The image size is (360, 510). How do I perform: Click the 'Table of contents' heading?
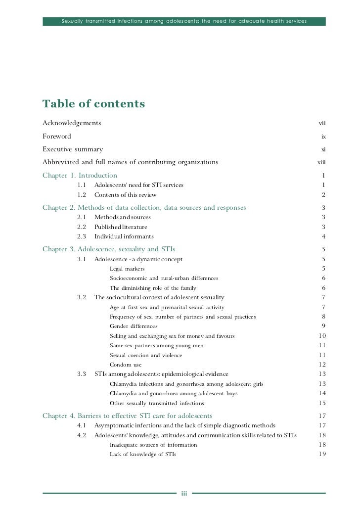point(93,104)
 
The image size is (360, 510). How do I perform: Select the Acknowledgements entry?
point(72,123)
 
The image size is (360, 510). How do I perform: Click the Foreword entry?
point(57,136)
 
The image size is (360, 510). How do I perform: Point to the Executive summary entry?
point(73,149)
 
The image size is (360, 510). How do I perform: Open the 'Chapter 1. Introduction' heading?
point(80,175)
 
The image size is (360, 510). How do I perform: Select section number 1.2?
point(82,195)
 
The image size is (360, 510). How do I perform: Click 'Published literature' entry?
point(121,227)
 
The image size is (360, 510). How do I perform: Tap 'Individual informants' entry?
point(124,236)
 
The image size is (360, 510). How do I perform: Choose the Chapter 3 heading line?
point(109,249)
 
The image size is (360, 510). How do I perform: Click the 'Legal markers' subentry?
point(127,269)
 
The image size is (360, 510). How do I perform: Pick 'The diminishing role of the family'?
point(153,288)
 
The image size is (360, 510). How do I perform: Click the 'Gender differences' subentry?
point(134,326)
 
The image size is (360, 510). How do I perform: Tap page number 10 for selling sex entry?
point(322,336)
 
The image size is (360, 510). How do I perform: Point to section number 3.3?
point(82,374)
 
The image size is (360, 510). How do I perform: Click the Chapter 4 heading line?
point(127,416)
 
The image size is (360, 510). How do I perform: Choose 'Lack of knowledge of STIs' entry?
point(143,454)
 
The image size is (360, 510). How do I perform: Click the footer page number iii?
point(183,494)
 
